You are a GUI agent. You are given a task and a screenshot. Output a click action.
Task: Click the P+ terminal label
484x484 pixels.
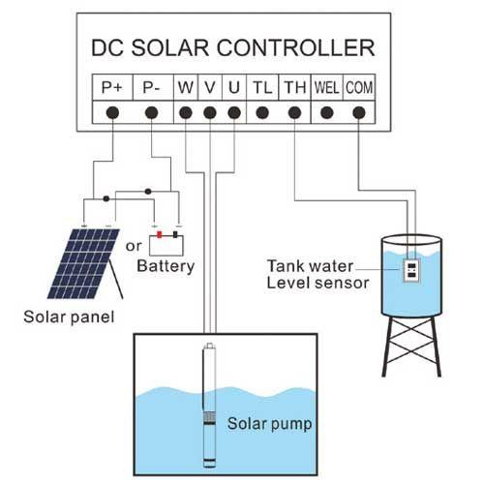pyautogui.click(x=112, y=87)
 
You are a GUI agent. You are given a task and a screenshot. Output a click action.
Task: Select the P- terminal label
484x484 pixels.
pyautogui.click(x=152, y=87)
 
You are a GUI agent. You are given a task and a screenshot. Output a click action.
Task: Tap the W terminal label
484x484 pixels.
pyautogui.click(x=186, y=87)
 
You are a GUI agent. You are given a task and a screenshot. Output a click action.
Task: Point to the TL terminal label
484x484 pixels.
pyautogui.click(x=262, y=87)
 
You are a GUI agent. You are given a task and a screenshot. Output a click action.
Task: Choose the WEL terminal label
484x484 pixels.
pyautogui.click(x=326, y=87)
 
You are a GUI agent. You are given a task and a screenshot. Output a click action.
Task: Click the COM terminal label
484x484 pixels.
pyautogui.click(x=359, y=87)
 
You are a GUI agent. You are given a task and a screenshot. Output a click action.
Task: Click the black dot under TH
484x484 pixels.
pyautogui.click(x=294, y=113)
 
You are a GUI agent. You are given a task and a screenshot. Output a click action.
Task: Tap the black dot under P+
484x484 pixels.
pyautogui.click(x=112, y=113)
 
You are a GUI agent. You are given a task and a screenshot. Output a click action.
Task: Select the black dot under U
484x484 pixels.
pyautogui.click(x=234, y=113)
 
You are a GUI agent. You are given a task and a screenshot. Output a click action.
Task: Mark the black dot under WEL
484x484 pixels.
pyautogui.click(x=327, y=113)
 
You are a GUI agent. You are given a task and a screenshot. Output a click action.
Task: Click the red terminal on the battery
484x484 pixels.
pyautogui.click(x=159, y=234)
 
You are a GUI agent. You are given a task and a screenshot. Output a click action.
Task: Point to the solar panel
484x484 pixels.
pyautogui.click(x=85, y=263)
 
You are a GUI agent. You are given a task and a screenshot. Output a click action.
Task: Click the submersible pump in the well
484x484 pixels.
pyautogui.click(x=209, y=406)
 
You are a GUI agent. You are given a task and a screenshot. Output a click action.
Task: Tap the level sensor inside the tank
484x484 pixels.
pyautogui.click(x=411, y=270)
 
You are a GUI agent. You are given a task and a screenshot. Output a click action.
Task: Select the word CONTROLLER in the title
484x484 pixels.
pyautogui.click(x=295, y=48)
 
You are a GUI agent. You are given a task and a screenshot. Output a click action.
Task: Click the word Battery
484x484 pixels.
pyautogui.click(x=166, y=266)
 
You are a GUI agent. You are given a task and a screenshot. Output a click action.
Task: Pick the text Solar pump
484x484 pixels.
pyautogui.click(x=269, y=424)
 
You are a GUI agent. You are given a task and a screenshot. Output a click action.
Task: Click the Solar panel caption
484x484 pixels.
pyautogui.click(x=69, y=317)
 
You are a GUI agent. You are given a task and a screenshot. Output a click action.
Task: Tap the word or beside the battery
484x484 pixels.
pyautogui.click(x=134, y=247)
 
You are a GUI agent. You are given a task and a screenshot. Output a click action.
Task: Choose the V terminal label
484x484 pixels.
pyautogui.click(x=210, y=87)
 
